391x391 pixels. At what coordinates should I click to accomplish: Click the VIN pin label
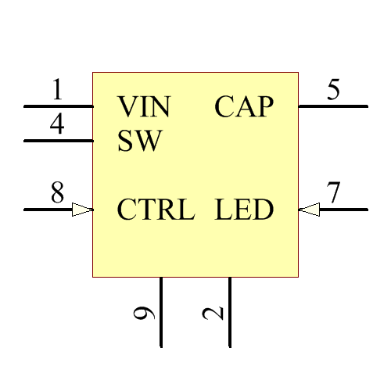tap(143, 106)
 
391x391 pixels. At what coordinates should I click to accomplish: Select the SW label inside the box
tap(139, 142)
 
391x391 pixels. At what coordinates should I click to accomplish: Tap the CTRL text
tap(156, 210)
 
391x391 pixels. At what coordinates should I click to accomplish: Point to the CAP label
tap(244, 106)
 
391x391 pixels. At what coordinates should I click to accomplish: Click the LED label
tap(244, 210)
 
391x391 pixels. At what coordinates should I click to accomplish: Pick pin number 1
tap(57, 91)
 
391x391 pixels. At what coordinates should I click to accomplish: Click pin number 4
tap(57, 125)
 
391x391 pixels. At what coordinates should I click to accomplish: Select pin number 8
tap(57, 193)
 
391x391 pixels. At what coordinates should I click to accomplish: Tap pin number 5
tap(334, 90)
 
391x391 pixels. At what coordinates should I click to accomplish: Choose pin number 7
tap(334, 192)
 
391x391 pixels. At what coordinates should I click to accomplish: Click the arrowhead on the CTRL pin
tap(82, 210)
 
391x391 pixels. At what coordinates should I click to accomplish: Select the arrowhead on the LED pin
tap(309, 210)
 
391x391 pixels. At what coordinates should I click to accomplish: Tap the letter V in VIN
tap(127, 106)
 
